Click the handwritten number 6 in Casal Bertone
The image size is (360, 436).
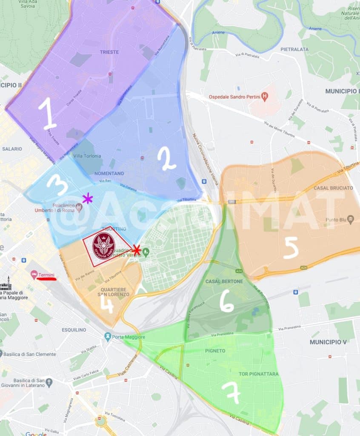tap(226, 303)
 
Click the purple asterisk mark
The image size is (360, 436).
tap(88, 198)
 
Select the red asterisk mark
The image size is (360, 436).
tap(136, 250)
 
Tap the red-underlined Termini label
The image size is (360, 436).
tap(47, 275)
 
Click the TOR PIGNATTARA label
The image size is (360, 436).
tap(259, 374)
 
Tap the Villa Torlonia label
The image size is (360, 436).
tap(87, 156)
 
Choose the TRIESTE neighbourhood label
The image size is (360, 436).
tap(109, 52)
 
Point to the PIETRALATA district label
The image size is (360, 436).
tap(294, 49)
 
